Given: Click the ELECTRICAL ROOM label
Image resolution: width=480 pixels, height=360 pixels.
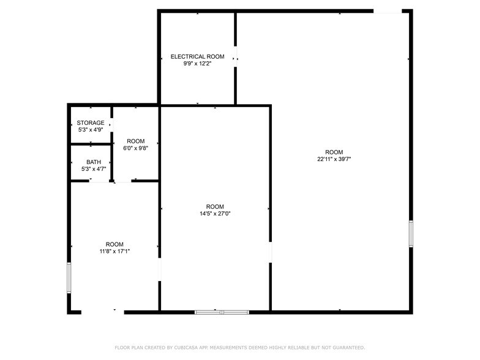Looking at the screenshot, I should (197, 56).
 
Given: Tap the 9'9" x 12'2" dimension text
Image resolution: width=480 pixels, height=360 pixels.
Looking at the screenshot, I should (197, 63).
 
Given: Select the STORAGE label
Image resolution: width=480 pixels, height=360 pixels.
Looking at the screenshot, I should (91, 122).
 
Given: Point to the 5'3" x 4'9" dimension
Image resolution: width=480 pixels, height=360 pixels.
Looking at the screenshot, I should (91, 129).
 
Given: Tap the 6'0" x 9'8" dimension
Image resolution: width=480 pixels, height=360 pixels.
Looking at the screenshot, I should (135, 148).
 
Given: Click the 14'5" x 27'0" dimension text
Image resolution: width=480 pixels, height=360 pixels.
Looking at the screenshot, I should (215, 213).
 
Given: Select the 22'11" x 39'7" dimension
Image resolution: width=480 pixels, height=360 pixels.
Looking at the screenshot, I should (334, 159).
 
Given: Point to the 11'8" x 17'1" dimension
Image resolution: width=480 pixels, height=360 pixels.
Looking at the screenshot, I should (114, 250).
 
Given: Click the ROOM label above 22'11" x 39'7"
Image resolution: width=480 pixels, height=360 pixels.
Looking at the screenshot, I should (334, 152).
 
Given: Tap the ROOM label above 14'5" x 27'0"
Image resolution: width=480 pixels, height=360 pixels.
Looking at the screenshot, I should (215, 206).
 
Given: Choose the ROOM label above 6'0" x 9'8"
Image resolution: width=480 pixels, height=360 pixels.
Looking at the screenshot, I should (135, 141).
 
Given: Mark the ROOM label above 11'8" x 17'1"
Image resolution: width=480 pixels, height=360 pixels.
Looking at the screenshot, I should (114, 244).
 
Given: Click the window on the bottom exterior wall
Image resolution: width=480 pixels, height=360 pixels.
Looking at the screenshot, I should (222, 312).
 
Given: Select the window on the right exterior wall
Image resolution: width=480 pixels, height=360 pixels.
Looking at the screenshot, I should (411, 234).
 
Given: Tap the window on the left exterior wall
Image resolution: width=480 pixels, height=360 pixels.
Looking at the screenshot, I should (69, 279).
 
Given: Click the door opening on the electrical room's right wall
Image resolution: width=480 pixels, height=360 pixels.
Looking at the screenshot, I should (236, 57).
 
